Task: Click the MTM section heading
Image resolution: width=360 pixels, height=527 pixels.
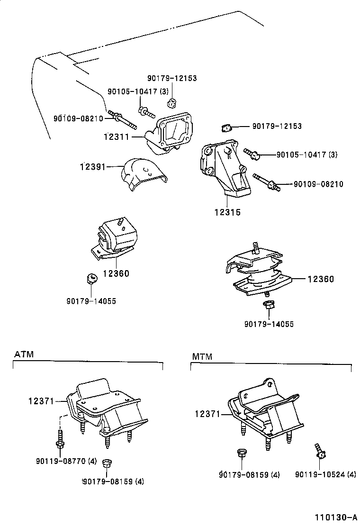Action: [x=202, y=356]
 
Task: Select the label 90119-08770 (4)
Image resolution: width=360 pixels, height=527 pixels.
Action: [x=66, y=460]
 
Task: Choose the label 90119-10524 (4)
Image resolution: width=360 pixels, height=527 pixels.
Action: [x=325, y=474]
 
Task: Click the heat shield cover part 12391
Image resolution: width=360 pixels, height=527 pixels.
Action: [x=144, y=174]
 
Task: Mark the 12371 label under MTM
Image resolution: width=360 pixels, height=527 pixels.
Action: [x=207, y=414]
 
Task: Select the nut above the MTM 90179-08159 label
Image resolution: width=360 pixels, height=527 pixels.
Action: [x=240, y=453]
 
